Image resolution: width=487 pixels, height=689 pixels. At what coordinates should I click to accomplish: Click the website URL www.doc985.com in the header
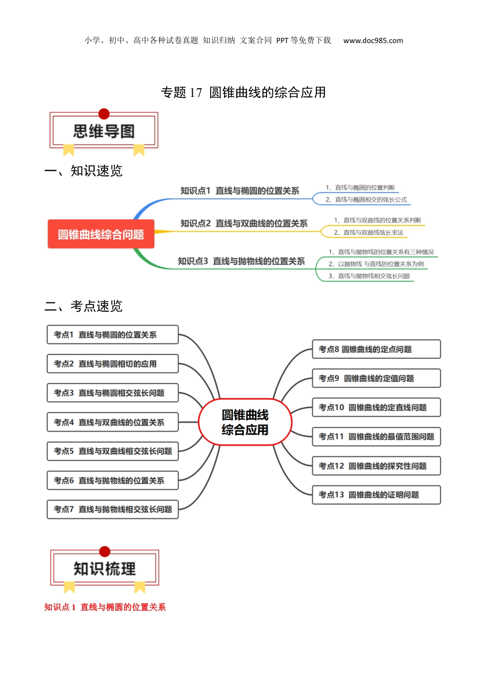(x=373, y=40)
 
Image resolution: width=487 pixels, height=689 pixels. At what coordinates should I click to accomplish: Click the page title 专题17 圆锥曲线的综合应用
(x=243, y=92)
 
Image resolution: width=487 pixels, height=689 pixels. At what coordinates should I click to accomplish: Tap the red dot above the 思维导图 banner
(x=104, y=114)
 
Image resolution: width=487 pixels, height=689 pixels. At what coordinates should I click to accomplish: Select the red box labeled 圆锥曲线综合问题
(x=101, y=234)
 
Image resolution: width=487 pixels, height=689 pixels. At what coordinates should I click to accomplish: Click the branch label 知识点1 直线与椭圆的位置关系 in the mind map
(x=239, y=191)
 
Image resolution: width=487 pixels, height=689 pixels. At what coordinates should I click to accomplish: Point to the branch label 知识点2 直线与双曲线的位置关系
(x=243, y=224)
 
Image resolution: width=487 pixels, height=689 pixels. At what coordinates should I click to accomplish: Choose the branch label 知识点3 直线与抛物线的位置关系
(x=241, y=261)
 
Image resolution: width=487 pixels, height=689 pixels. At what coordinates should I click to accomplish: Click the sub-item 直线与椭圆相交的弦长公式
(x=366, y=199)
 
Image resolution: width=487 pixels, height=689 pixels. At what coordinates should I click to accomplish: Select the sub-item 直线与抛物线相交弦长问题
(x=369, y=276)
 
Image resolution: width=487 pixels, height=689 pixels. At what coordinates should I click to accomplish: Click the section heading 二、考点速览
(x=84, y=306)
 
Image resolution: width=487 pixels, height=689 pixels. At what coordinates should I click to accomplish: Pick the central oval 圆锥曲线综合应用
(x=245, y=422)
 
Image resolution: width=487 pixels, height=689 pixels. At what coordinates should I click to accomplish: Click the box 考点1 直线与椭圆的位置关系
(x=113, y=335)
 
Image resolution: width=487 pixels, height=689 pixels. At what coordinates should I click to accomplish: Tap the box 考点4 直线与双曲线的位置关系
(x=113, y=422)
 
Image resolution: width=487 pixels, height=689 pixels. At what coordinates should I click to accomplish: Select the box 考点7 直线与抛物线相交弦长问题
(x=113, y=510)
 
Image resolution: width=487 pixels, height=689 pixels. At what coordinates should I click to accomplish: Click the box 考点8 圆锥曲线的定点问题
(x=376, y=349)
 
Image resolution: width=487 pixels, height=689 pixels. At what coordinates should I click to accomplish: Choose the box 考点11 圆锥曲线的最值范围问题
(x=376, y=437)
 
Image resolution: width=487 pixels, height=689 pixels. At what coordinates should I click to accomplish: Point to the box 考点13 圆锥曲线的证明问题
(x=376, y=495)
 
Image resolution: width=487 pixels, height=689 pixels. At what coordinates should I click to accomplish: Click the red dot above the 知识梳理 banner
(x=105, y=552)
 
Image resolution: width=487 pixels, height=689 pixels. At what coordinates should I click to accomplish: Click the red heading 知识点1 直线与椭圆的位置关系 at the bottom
(x=105, y=607)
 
